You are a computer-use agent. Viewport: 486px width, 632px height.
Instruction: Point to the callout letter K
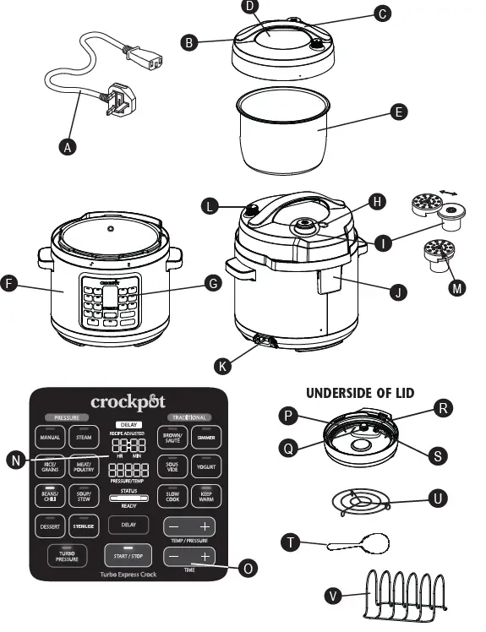click(223, 365)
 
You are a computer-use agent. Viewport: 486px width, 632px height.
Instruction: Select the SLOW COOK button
click(172, 496)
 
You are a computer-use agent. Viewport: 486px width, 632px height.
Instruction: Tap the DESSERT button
click(48, 526)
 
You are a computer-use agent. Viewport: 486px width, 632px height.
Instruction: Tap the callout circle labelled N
click(14, 460)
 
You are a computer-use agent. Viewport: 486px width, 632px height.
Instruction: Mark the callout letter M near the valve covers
click(457, 288)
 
